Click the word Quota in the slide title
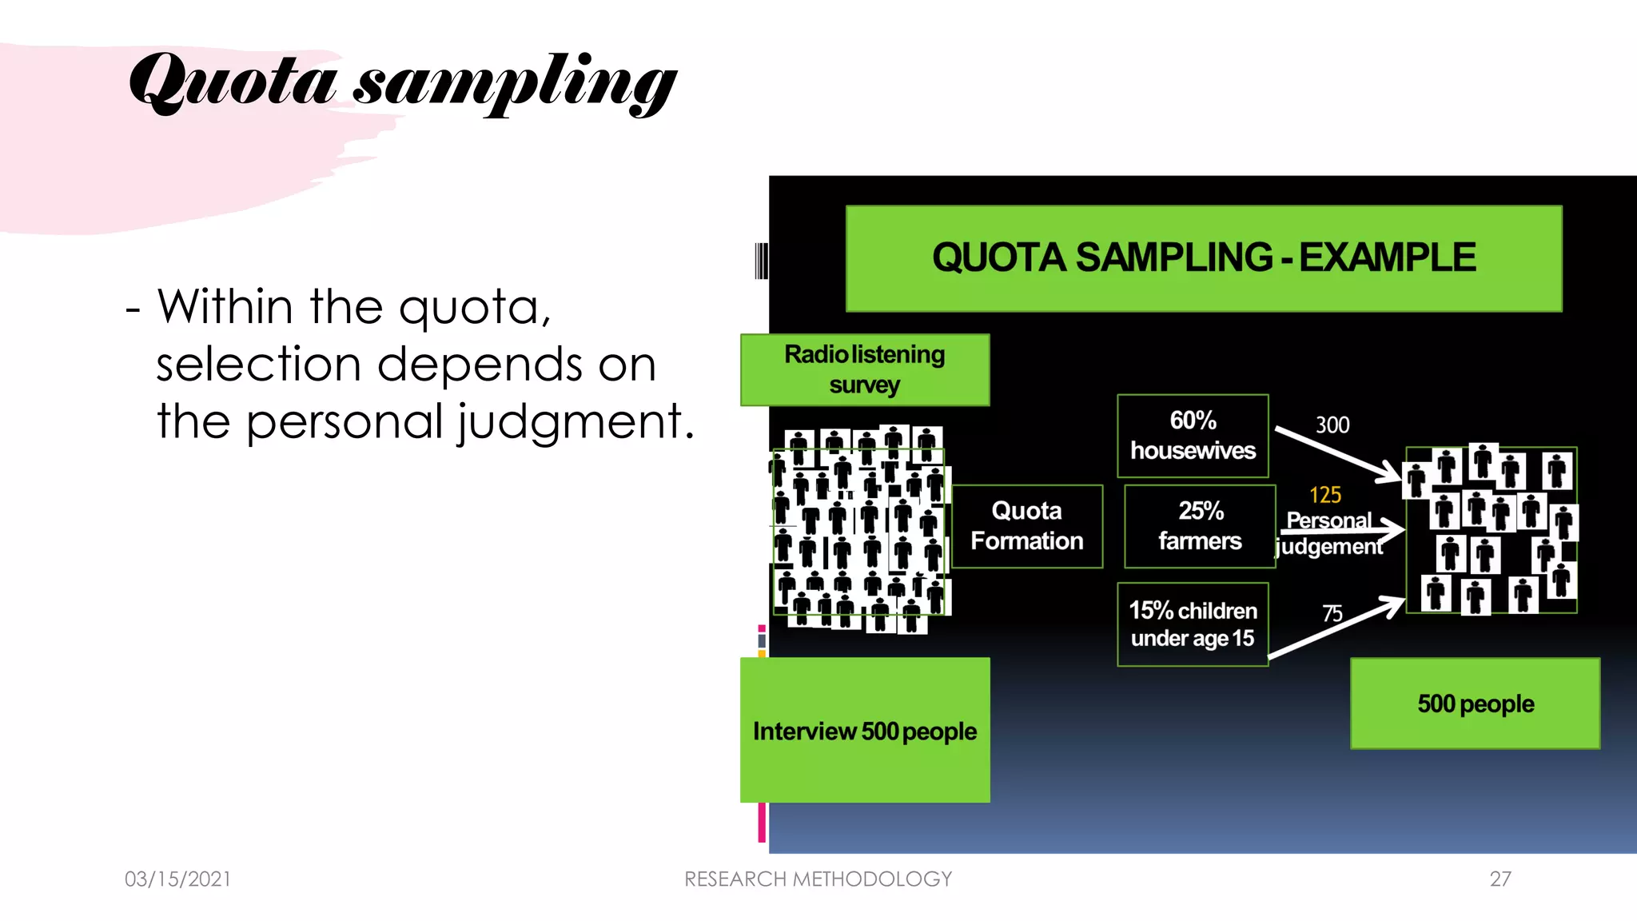click(x=232, y=82)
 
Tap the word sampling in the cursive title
click(x=515, y=85)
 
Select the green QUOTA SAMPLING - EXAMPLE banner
click(x=1203, y=258)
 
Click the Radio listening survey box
click(x=864, y=369)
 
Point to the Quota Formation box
click(x=1026, y=526)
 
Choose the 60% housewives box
click(x=1193, y=436)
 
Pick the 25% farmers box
click(x=1199, y=526)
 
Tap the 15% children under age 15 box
click(x=1193, y=624)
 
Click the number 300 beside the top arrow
click(x=1332, y=425)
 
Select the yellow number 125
click(x=1324, y=496)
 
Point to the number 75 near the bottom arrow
click(x=1332, y=614)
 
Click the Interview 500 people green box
click(x=864, y=730)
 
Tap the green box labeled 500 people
click(x=1475, y=704)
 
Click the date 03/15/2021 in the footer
click(x=177, y=879)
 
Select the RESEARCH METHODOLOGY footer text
click(x=818, y=879)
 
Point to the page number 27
click(x=1500, y=879)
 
